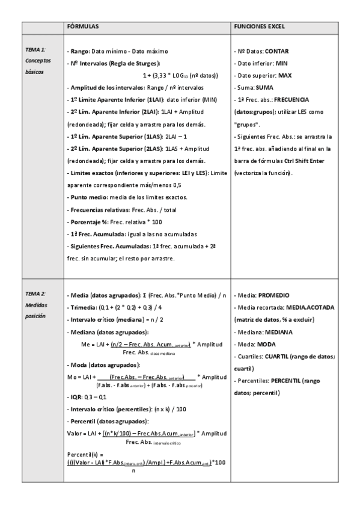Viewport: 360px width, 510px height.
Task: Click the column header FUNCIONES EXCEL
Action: tap(259, 27)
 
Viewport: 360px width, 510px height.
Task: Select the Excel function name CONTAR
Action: tap(277, 52)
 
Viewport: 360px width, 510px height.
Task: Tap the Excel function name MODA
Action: tap(266, 344)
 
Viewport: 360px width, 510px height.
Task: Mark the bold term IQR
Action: tap(75, 398)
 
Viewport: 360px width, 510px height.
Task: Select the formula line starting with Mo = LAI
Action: tap(138, 376)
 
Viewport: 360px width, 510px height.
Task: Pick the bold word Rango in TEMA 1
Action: tap(79, 52)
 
